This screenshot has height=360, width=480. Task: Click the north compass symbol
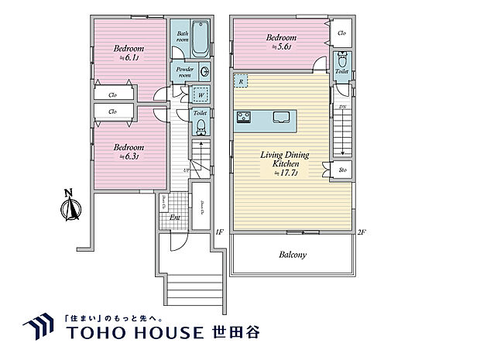click(x=70, y=207)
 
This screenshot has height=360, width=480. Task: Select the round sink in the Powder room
click(x=204, y=72)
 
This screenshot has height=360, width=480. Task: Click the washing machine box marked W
click(x=200, y=96)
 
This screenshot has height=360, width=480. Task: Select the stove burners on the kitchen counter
click(x=244, y=117)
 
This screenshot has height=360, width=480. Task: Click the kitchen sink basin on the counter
click(x=280, y=117)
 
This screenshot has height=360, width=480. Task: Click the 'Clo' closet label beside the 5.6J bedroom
click(x=342, y=33)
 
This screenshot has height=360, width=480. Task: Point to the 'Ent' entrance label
click(x=176, y=218)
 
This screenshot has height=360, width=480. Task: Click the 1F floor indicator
click(x=219, y=231)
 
